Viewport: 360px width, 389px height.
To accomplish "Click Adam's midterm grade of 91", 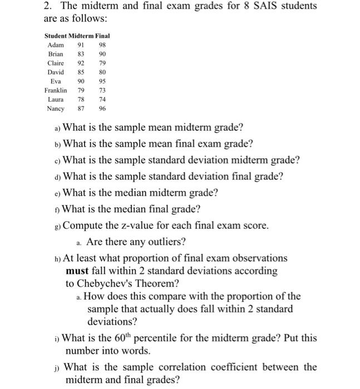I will pos(81,45).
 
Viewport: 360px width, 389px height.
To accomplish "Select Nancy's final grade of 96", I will pos(102,109).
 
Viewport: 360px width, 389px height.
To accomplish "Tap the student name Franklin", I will pos(56,91).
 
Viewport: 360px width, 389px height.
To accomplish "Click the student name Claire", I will pos(56,63).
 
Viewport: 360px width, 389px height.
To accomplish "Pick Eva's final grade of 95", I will pos(102,81).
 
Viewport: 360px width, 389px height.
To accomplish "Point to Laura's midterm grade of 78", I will pos(81,99).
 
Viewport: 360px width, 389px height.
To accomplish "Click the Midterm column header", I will pos(81,36).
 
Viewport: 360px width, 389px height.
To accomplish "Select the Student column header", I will pos(56,36).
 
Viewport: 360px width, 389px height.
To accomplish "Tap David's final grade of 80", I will pos(102,72).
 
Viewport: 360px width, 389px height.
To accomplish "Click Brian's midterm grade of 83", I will pos(81,54).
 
